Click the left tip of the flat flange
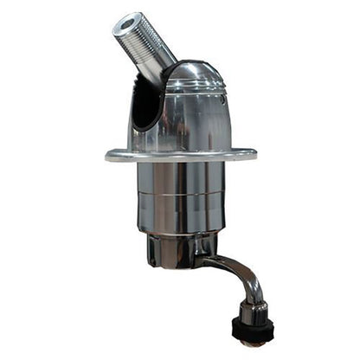click(x=108, y=157)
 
